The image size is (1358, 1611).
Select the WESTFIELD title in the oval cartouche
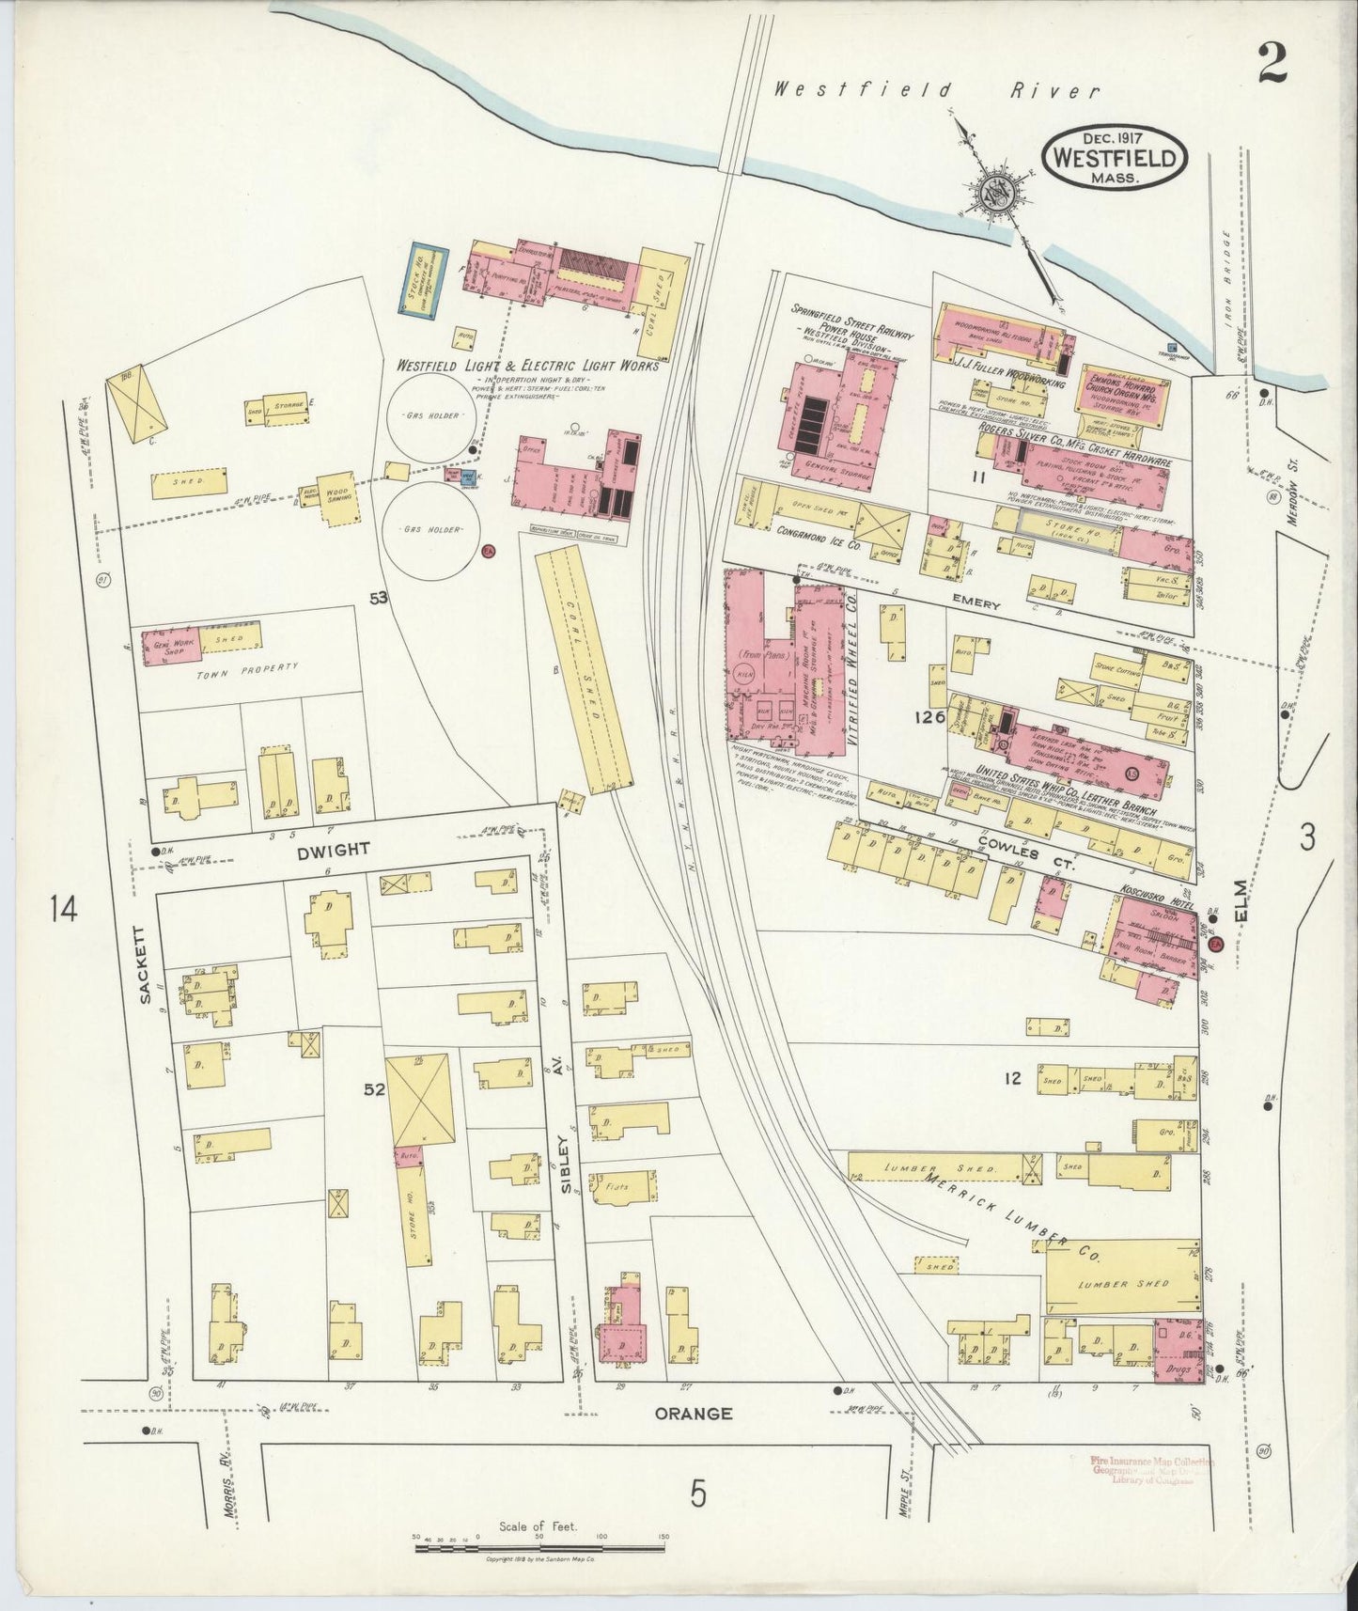click(1114, 157)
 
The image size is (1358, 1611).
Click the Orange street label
click(693, 1413)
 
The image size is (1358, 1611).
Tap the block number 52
click(375, 1088)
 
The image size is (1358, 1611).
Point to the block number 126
click(927, 717)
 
